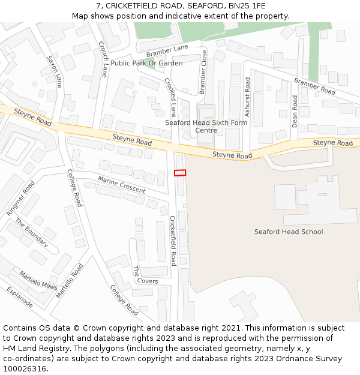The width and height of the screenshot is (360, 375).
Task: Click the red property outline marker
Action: pos(180,173)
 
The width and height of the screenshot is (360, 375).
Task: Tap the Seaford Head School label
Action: pos(288,232)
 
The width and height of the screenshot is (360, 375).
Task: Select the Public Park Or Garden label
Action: pos(146,63)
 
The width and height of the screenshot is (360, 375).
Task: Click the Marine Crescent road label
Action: pos(121,185)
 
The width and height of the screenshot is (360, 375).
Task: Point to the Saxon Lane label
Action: pos(55,71)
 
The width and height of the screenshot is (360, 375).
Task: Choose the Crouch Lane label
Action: pos(103,59)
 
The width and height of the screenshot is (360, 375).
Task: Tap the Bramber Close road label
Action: pos(203,72)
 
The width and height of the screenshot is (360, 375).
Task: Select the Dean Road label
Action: pos(295,110)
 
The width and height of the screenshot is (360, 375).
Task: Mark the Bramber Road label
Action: pos(314,87)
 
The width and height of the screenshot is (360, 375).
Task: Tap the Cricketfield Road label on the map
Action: pos(173,241)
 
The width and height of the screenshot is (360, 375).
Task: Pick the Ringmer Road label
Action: pos(21,199)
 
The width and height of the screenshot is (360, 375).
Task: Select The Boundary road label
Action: pos(32,233)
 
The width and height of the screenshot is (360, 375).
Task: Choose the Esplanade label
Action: pos(20,296)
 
